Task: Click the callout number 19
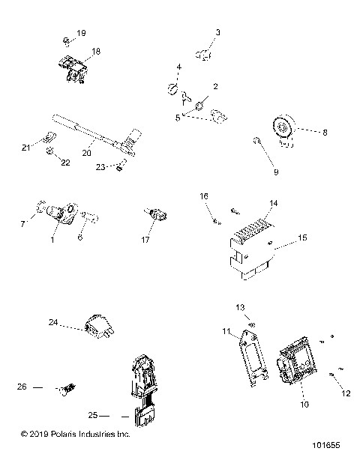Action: [x=82, y=34]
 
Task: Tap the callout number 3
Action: [x=218, y=32]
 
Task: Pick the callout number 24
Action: [x=53, y=323]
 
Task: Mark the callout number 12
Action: [x=346, y=393]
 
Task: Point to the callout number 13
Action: [x=241, y=308]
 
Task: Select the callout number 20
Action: [x=86, y=154]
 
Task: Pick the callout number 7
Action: [x=21, y=224]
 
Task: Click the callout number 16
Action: [x=203, y=196]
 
